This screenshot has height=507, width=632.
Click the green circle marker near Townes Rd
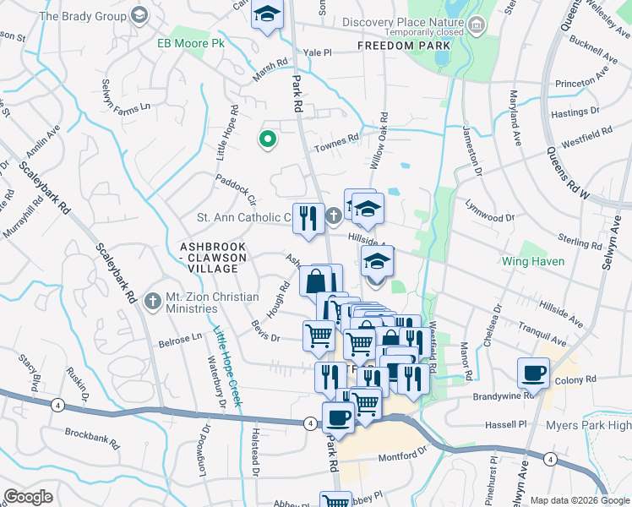click(x=268, y=140)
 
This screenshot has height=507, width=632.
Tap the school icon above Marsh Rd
click(x=268, y=14)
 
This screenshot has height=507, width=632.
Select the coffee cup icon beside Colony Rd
click(x=535, y=373)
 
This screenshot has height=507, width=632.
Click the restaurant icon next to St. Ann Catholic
click(x=308, y=219)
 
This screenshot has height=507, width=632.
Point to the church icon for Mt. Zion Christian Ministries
click(x=152, y=301)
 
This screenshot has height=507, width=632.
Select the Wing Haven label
click(x=550, y=262)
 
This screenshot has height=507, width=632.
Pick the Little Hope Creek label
click(x=227, y=367)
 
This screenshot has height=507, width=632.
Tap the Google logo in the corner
click(x=29, y=497)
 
